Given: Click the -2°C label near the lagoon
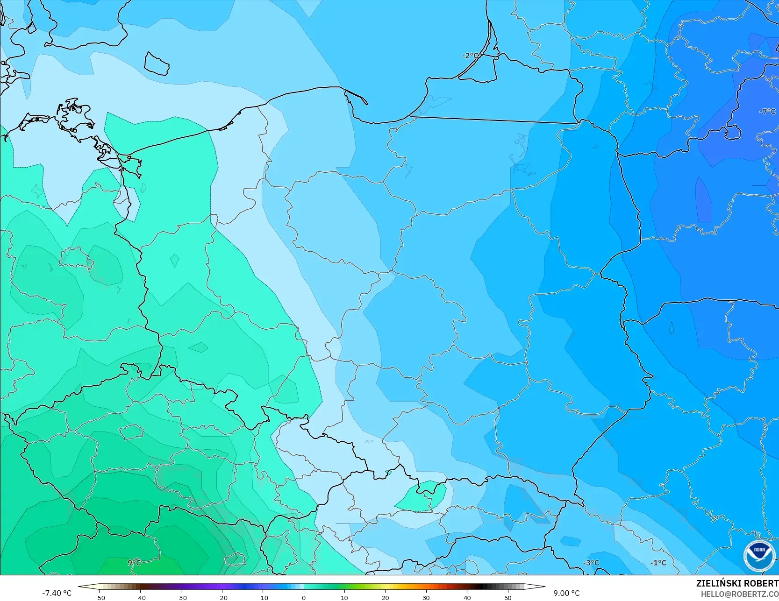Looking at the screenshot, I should pos(470,56).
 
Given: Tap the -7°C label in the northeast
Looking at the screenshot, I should pos(767,112).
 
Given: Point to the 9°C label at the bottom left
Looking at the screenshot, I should pos(134,563).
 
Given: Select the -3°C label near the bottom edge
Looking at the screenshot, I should pos(591,563).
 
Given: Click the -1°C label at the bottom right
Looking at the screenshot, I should pos(658,563).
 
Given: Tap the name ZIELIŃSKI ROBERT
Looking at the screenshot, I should pos(737,583).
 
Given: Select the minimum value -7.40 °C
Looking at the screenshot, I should pos(57,593).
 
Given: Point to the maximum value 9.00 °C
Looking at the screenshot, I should pos(566,593).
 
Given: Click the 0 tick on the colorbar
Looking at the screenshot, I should pos(304,598).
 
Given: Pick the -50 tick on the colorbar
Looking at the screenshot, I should pos(99,598).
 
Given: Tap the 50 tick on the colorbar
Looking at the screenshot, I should pos(508,598).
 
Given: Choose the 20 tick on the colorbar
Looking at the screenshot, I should pos(386,598).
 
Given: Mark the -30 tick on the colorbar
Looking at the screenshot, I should pos(181,598).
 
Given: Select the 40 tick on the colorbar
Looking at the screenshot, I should pos(467,598).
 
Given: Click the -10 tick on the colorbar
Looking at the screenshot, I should pos(263,598).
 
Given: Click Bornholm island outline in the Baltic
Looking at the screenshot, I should pos(156,63).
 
